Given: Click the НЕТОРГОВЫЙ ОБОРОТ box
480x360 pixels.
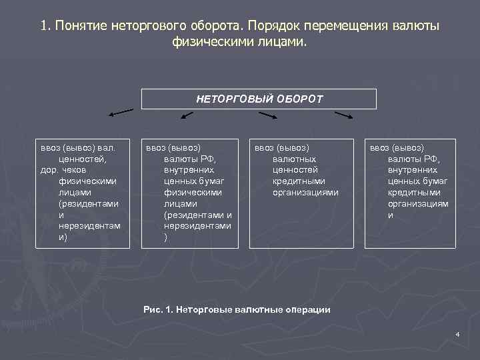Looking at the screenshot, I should [x=259, y=99].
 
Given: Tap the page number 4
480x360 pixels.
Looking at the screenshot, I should [x=457, y=333].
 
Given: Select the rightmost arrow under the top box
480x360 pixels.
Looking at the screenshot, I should [x=343, y=115].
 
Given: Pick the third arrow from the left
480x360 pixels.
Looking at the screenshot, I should [x=267, y=115].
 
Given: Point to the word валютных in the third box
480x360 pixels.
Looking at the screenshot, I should [x=294, y=159].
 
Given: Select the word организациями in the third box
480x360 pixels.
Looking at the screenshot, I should [x=305, y=192].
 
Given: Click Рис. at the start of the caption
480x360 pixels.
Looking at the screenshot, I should [x=153, y=310].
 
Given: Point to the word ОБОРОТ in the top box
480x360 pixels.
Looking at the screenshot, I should [x=299, y=99].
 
